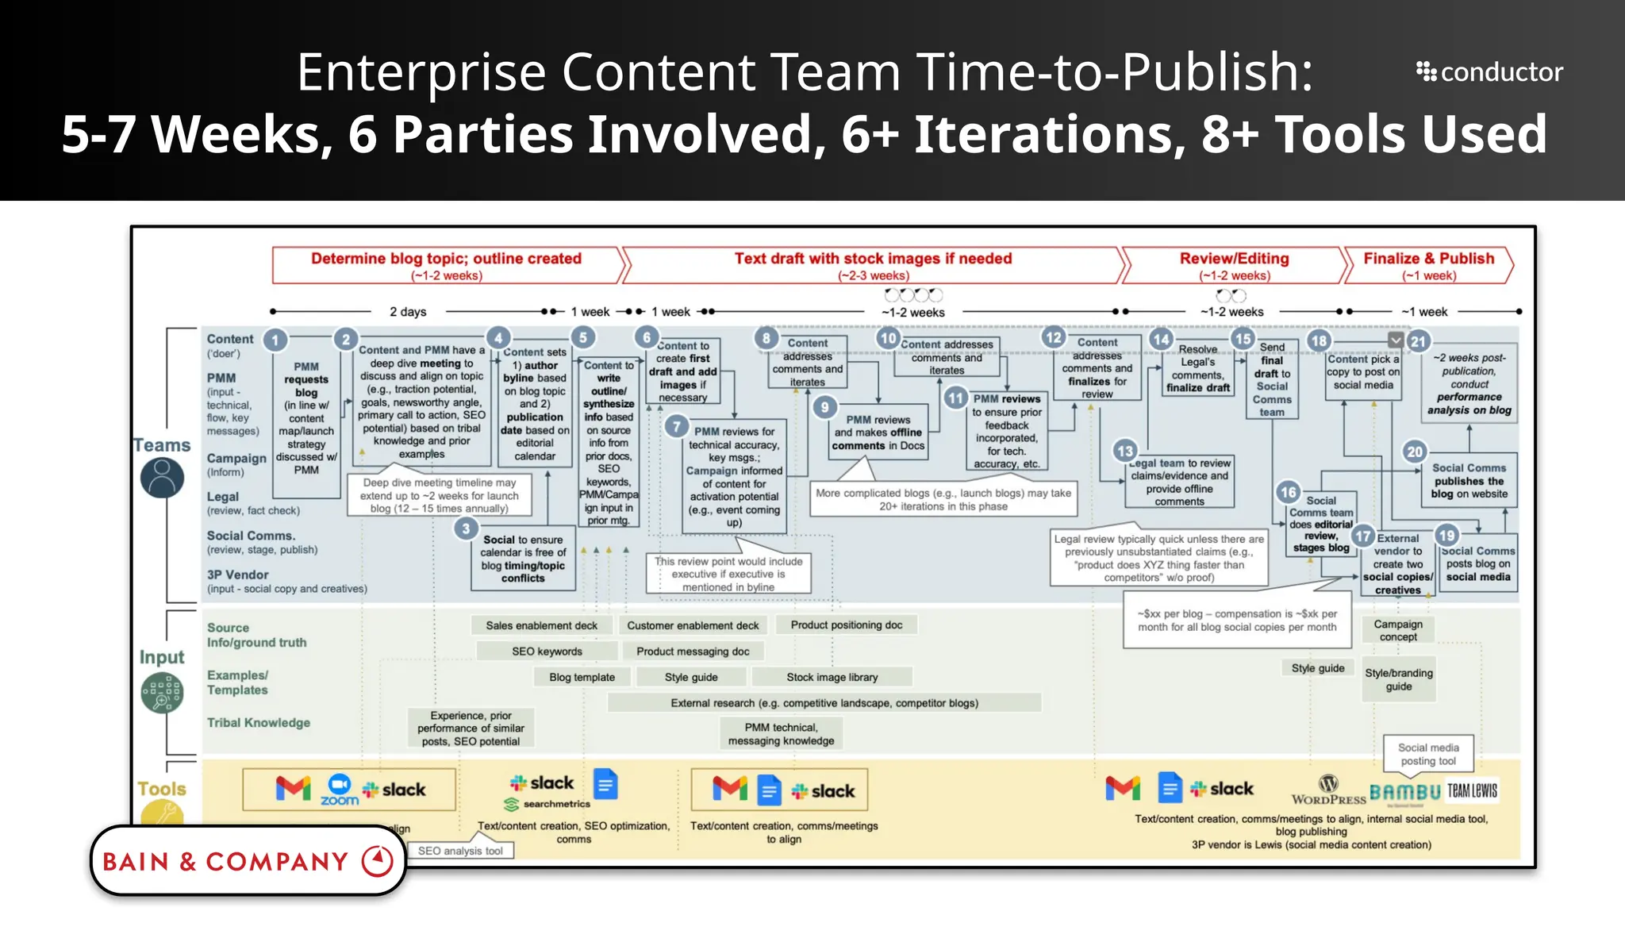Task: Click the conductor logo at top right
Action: click(1489, 72)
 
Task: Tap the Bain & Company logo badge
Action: click(248, 861)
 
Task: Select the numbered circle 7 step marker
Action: click(676, 426)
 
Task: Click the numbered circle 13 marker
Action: click(1124, 451)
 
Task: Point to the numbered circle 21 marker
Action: click(1418, 342)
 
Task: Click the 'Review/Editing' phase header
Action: click(1233, 265)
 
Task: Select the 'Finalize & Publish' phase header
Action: click(1427, 265)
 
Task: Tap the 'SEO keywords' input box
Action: click(547, 652)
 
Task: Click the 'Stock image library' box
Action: click(832, 677)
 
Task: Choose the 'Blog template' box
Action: click(582, 677)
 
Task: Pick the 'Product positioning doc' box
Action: click(846, 625)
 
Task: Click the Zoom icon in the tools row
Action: click(340, 789)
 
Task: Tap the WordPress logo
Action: click(1328, 790)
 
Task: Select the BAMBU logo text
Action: click(1404, 792)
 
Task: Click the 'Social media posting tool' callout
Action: click(1428, 754)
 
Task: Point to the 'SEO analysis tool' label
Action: click(460, 851)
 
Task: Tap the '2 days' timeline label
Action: click(408, 312)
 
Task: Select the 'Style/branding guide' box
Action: click(1398, 679)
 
